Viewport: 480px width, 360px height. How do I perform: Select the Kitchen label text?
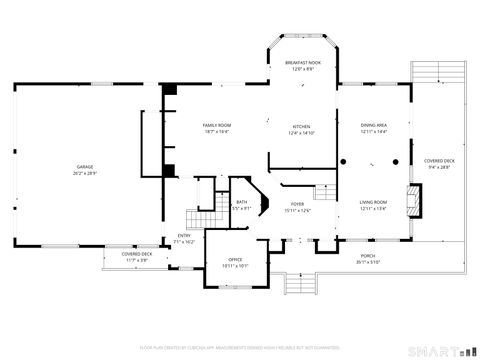pos(301,126)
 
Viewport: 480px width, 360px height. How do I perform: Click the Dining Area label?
pos(373,125)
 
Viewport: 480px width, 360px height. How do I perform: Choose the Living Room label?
pos(373,203)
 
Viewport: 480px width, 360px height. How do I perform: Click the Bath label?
pos(242,203)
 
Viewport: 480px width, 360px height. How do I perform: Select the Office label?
pos(236,260)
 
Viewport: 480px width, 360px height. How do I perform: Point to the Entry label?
pos(184,235)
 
